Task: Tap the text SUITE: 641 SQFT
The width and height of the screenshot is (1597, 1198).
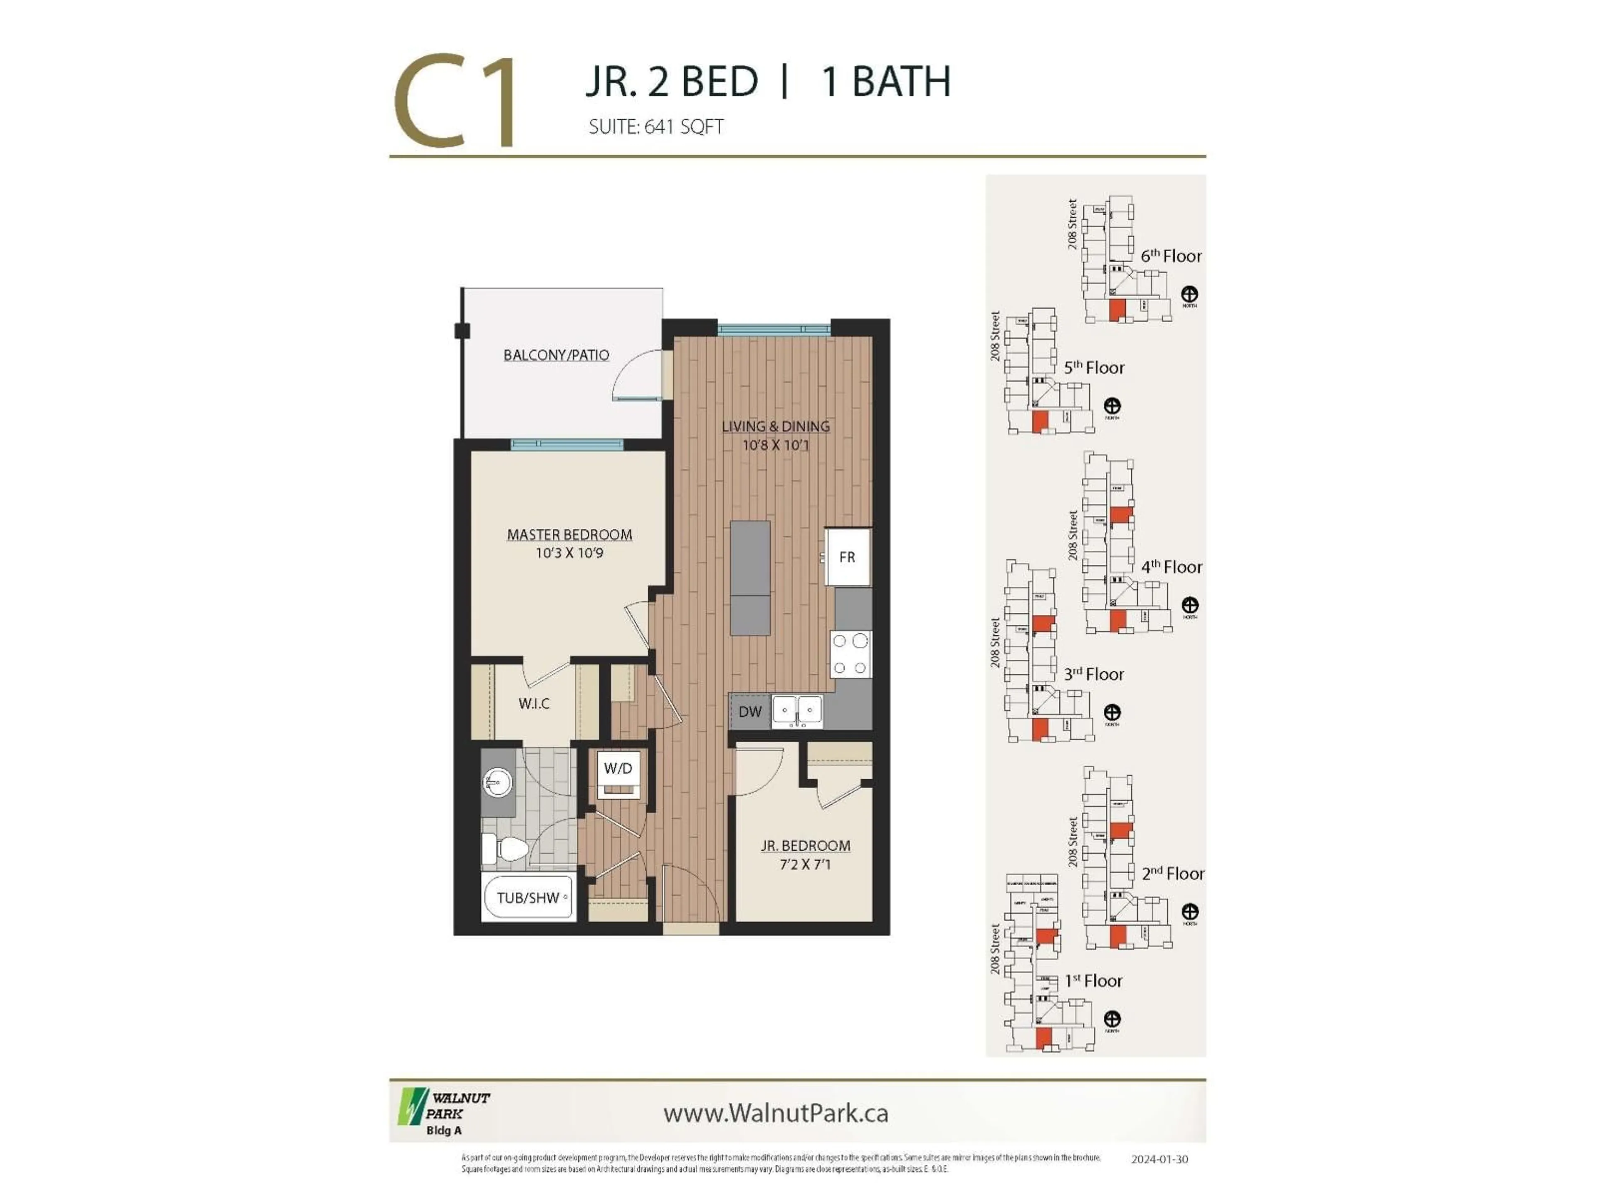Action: (655, 127)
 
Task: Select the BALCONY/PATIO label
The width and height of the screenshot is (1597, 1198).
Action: (556, 355)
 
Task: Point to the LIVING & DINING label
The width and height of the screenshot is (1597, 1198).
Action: (775, 426)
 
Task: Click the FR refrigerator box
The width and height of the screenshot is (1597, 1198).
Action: (848, 557)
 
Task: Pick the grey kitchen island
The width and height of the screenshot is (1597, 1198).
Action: (750, 578)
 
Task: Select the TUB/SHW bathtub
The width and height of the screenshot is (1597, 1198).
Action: (529, 898)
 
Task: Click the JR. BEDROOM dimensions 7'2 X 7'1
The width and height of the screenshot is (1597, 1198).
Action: (805, 864)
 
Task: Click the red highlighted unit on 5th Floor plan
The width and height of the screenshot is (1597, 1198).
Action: (1040, 422)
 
